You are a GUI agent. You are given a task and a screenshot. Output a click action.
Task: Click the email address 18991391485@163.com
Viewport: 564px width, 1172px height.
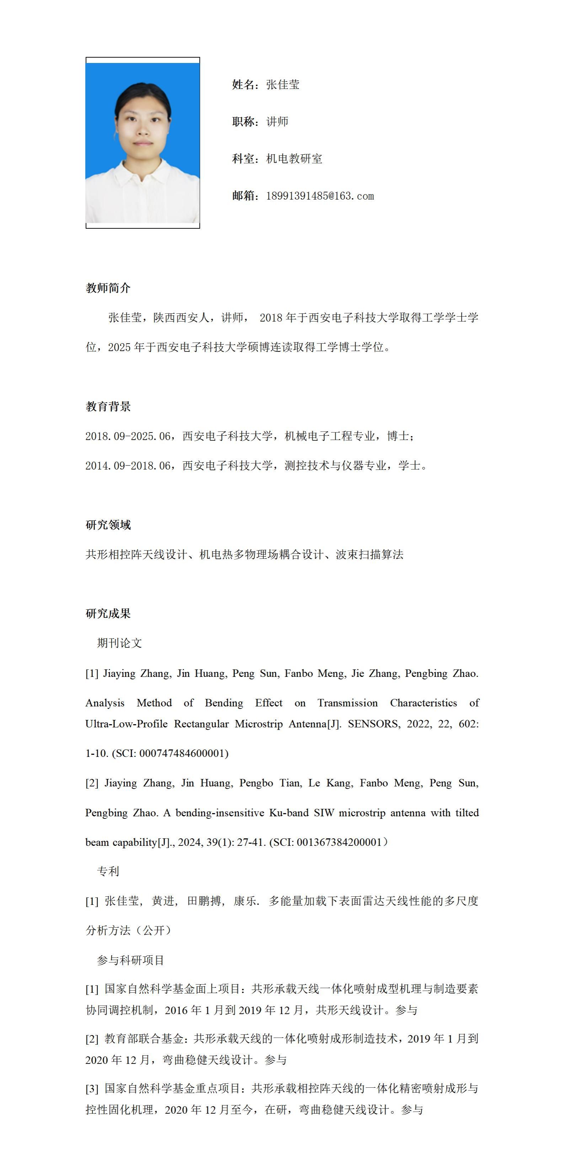(x=320, y=196)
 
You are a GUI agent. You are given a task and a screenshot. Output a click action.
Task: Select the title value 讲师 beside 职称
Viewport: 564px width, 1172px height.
(x=277, y=122)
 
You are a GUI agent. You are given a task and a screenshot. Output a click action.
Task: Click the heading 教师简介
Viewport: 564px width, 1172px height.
(x=108, y=288)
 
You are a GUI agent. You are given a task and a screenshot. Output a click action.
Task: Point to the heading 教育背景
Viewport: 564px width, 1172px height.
(x=108, y=406)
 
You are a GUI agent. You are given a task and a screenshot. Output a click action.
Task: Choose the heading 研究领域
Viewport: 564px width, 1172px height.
(x=108, y=525)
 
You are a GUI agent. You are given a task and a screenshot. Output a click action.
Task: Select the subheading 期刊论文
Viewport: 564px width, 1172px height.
(x=119, y=643)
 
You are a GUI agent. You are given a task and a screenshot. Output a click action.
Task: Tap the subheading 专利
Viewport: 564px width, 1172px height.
(x=108, y=871)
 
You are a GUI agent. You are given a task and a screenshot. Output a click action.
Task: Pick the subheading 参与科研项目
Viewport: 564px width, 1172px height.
(x=130, y=960)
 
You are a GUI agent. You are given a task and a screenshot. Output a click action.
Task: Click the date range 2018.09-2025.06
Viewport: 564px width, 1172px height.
(x=128, y=436)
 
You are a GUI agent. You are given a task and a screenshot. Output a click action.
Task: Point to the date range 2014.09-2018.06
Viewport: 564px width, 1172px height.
(x=128, y=466)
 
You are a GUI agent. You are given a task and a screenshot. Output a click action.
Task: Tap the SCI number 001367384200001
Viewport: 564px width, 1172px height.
(x=339, y=842)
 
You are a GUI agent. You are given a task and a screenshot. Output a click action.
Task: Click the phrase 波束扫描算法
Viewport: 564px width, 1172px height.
(x=369, y=555)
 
